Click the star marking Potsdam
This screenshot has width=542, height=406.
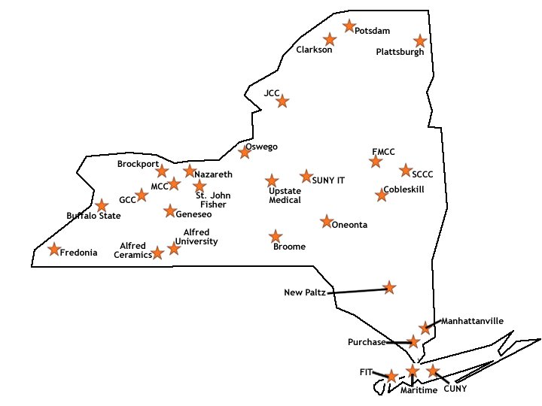tap(349, 26)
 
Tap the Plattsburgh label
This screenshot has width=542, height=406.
tap(400, 53)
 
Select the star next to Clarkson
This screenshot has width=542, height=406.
tap(329, 39)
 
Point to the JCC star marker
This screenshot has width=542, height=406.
tap(282, 101)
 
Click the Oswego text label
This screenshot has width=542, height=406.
tap(261, 147)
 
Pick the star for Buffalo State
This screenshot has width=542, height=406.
tap(102, 205)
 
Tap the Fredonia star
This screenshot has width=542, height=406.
tap(54, 250)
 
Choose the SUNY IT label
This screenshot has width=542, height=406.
tap(328, 180)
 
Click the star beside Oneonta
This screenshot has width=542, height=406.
tap(326, 222)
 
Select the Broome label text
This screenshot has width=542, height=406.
tap(290, 247)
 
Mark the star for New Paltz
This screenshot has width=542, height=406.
tap(389, 286)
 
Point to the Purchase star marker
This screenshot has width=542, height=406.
tap(413, 341)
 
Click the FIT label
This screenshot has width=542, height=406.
tap(367, 372)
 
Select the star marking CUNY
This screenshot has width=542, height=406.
tap(432, 371)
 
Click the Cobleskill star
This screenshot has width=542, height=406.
tap(382, 195)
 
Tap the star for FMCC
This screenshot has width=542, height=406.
tap(376, 162)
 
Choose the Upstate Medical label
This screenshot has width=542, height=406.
tap(285, 195)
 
